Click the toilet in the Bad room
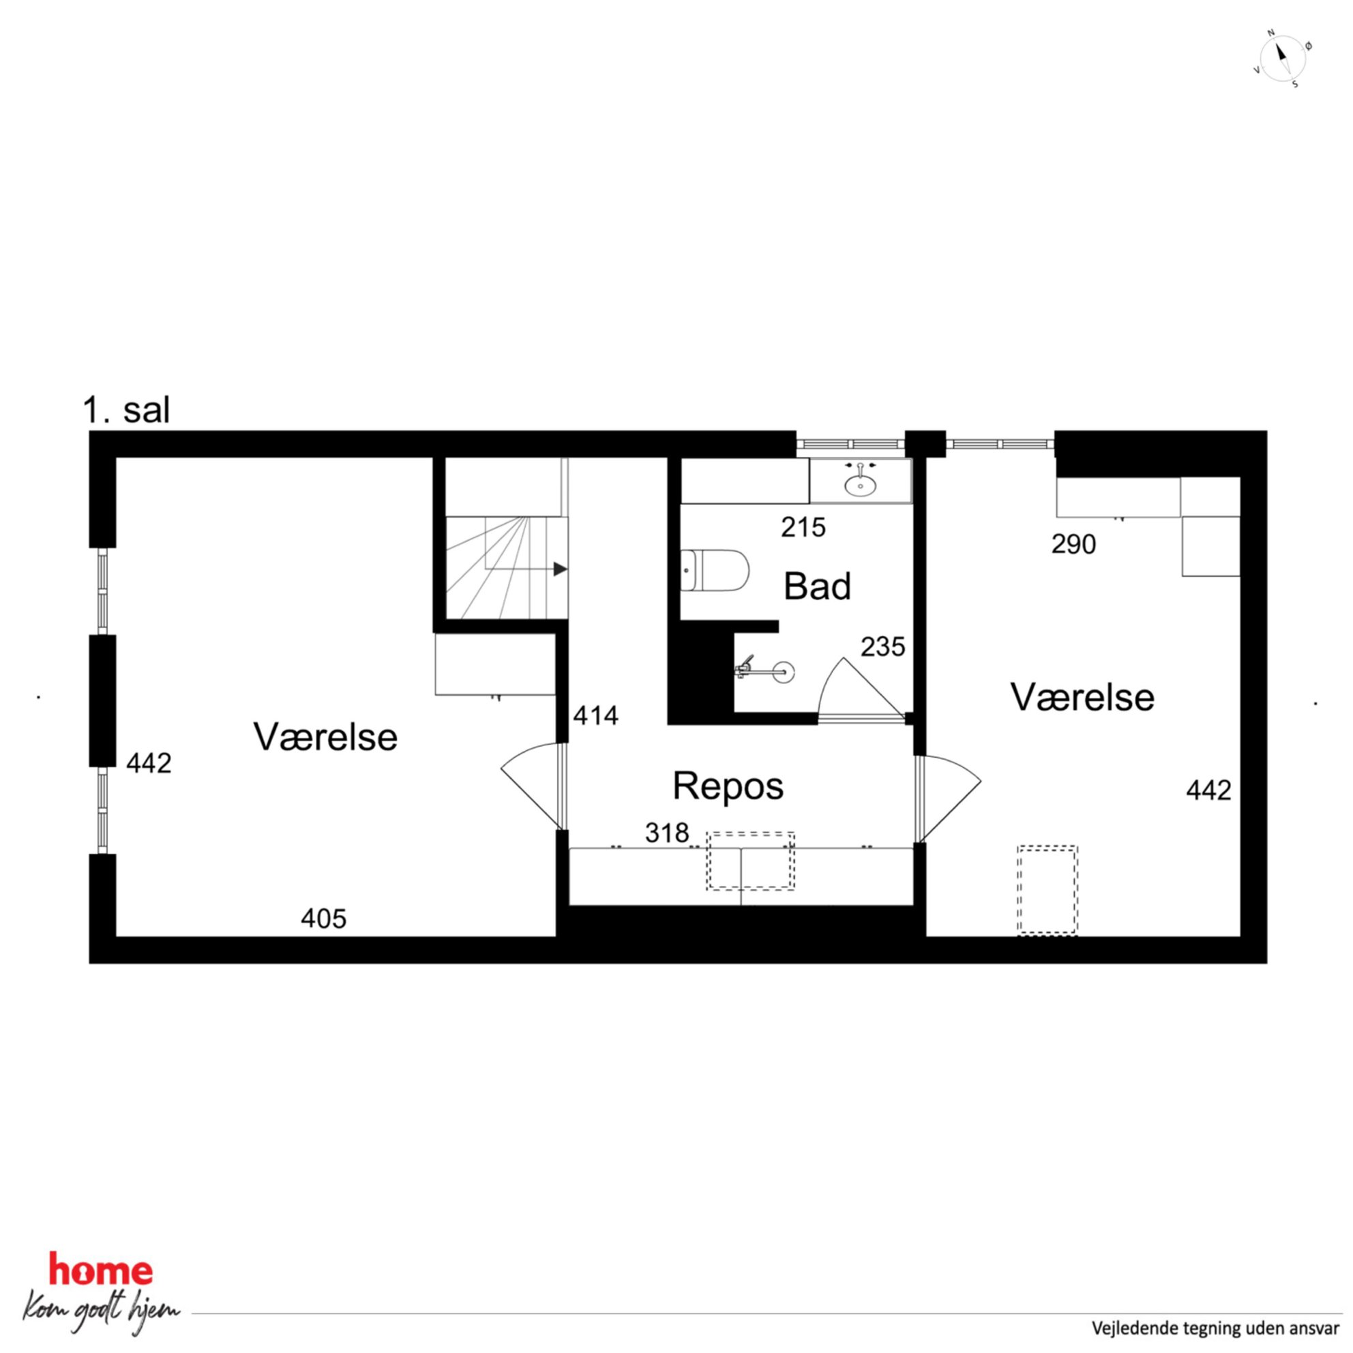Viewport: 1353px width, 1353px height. tap(714, 570)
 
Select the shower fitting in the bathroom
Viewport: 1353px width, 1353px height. tap(763, 670)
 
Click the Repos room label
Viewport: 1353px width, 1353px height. tap(728, 786)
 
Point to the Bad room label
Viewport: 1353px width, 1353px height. tap(817, 586)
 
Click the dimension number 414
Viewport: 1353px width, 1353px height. tap(595, 716)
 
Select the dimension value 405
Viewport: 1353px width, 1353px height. tap(323, 918)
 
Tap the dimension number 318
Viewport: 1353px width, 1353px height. tap(667, 833)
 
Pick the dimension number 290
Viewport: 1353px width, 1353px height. tap(1073, 544)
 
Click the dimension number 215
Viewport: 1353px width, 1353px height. tap(803, 527)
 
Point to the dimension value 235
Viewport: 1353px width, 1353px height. tap(882, 647)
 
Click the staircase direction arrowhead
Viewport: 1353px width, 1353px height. tap(561, 569)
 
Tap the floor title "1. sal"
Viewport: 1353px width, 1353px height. tap(126, 410)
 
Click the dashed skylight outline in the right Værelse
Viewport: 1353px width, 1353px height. tap(1047, 890)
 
